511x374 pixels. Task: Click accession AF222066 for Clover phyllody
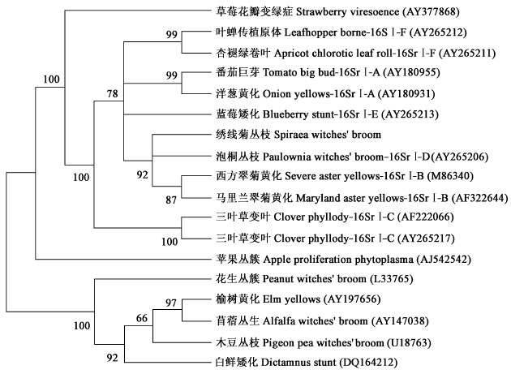(421, 217)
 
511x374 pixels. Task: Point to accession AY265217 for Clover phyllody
(421, 239)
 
